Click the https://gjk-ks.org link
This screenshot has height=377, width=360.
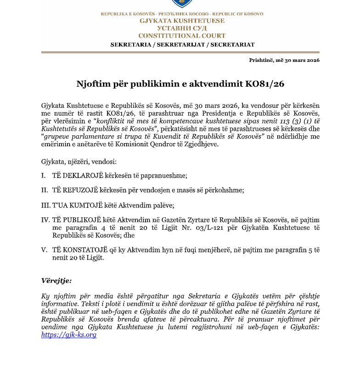68,335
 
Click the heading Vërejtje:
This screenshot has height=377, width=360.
56,281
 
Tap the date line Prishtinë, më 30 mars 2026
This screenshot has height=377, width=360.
284,60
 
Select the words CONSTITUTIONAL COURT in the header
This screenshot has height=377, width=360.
182,36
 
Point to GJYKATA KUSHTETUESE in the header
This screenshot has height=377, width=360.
182,21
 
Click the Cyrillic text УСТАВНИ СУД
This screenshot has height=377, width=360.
182,28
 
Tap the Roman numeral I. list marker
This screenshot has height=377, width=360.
43,176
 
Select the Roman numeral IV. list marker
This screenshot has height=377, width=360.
45,220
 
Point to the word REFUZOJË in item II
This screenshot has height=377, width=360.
79,190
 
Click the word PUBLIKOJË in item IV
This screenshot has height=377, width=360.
80,220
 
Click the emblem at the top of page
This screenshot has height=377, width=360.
182,4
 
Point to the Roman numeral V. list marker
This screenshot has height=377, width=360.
44,250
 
